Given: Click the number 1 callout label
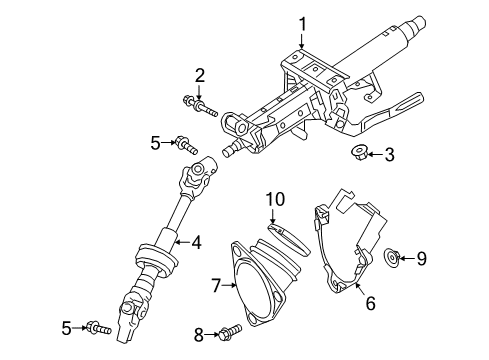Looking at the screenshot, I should pos(300,22).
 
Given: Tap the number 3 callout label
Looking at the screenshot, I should pos(389,154).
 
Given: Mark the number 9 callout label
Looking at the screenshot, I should pos(421,259).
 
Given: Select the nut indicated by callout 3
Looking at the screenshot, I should pos(358,153).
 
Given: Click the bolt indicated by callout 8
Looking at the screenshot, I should pos(231,331).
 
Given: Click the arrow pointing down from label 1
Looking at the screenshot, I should pos(300,40).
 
